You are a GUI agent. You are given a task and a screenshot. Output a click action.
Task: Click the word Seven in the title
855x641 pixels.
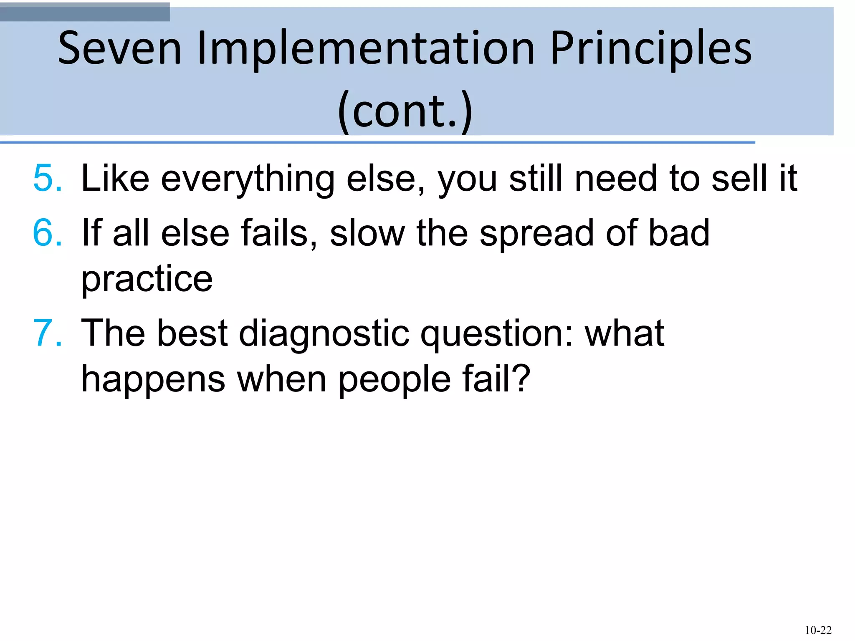click(x=120, y=48)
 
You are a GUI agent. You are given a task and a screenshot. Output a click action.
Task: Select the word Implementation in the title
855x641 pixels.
click(x=365, y=48)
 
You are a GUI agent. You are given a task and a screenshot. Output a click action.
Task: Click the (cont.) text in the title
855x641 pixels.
click(x=405, y=111)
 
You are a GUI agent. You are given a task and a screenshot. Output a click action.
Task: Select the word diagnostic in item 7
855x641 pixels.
click(x=324, y=334)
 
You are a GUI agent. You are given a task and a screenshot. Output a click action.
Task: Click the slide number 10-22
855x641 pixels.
click(x=818, y=630)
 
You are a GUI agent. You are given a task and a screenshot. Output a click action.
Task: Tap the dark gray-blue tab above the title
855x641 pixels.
click(x=85, y=12)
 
